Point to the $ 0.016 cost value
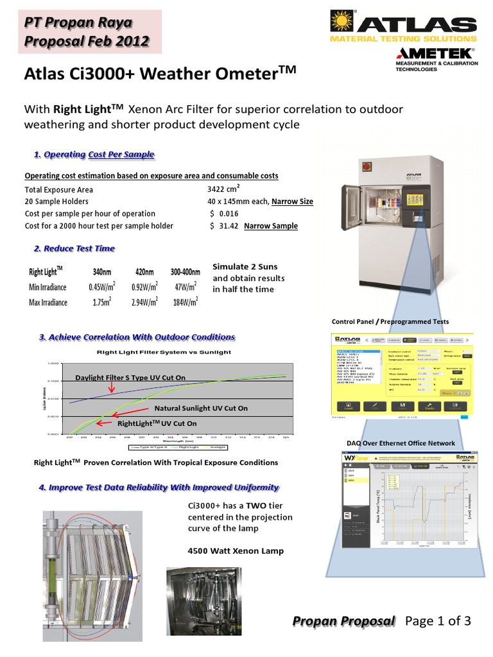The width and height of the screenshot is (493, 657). click(224, 214)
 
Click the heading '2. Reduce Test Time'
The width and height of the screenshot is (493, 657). click(74, 248)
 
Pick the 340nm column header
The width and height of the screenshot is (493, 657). click(101, 271)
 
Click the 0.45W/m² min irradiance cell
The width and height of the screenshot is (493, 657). click(101, 287)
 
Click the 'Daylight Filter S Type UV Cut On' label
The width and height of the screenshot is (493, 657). click(130, 377)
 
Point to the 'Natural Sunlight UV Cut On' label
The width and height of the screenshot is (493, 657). click(201, 408)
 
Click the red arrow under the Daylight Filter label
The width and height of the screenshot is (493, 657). click(112, 387)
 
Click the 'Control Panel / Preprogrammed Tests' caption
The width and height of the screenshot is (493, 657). click(390, 321)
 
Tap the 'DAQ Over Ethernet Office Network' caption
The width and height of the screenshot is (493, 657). click(400, 443)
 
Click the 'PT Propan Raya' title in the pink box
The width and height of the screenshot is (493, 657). click(78, 23)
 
